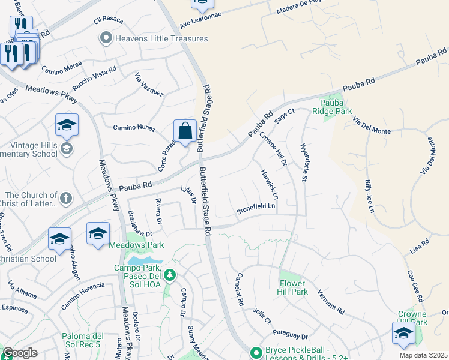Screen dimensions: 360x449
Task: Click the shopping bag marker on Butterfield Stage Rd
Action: (x=185, y=131)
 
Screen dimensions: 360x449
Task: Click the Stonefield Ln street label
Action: (x=256, y=207)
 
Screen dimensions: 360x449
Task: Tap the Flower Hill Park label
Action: (x=293, y=287)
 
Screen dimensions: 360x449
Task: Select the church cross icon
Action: (x=66, y=197)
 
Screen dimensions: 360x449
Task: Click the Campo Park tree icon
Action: (x=170, y=275)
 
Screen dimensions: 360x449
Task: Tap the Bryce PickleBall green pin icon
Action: (x=256, y=352)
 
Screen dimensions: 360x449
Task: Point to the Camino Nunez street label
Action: (x=134, y=127)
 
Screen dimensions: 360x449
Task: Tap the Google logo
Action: (x=20, y=353)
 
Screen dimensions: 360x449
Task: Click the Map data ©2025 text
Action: (x=424, y=355)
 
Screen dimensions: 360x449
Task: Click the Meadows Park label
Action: (x=136, y=245)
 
